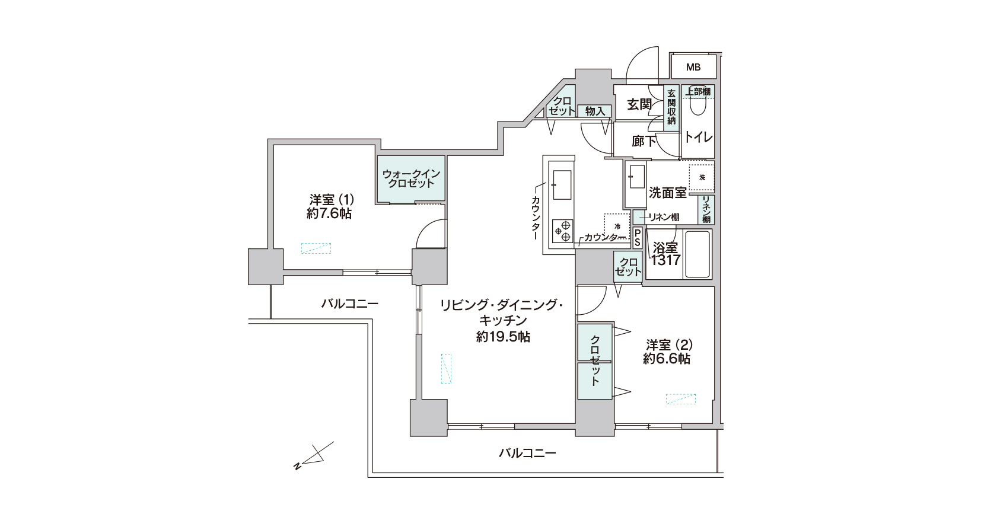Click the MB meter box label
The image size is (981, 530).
tap(693, 67)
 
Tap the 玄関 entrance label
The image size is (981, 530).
tap(639, 104)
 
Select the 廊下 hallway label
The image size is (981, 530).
tap(644, 141)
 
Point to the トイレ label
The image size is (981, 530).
tap(699, 137)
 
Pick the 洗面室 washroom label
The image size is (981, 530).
tap(667, 193)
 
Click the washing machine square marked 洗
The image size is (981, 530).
tap(702, 177)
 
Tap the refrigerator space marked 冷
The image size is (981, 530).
tap(617, 226)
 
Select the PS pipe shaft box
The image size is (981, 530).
tap(637, 238)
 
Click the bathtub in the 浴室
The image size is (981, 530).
tap(697, 254)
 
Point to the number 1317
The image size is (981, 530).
tap(665, 260)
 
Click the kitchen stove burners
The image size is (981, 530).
tap(562, 231)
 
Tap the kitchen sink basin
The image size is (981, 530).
tap(562, 184)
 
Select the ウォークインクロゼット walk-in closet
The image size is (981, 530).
tap(411, 179)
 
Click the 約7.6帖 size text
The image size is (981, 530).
tap(329, 214)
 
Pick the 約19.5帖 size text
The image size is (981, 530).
tap(503, 337)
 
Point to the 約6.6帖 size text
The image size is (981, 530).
tap(667, 359)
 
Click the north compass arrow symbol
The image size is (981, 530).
tap(314, 456)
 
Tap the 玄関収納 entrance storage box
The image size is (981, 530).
tap(671, 107)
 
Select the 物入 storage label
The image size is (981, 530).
tap(595, 111)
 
